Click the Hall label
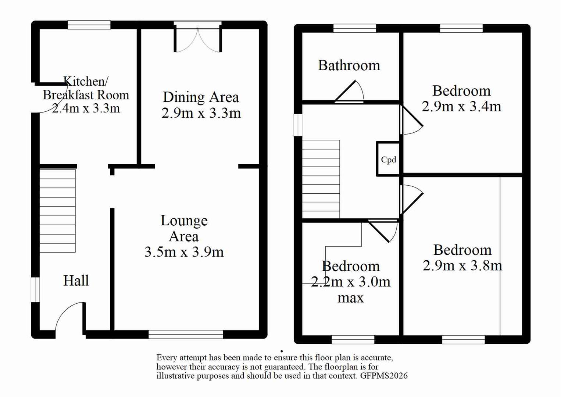76,280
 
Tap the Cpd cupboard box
388,160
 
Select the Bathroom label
349,65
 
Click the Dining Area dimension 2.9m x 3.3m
201,113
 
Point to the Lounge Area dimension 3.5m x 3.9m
184,252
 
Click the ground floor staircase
57,211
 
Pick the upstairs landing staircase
321,179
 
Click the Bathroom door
349,92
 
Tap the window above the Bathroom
354,28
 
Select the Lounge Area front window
186,334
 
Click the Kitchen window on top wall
89,25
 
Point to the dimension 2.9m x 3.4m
461,107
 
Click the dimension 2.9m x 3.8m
462,265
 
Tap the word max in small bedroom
350,298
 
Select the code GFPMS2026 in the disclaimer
384,376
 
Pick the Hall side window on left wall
35,290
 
